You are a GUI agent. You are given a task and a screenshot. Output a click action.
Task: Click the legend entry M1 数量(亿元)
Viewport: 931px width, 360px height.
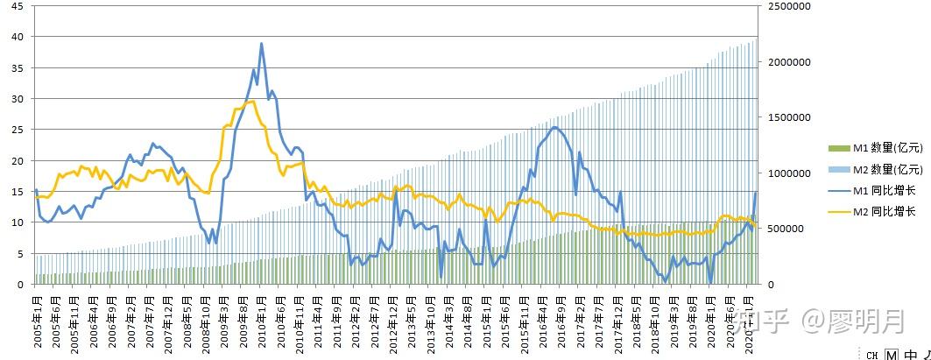[x=868, y=148]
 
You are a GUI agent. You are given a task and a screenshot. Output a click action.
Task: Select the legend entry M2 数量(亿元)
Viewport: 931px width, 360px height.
[x=868, y=169]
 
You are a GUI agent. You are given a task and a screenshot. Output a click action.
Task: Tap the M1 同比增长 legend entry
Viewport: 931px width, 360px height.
[x=868, y=190]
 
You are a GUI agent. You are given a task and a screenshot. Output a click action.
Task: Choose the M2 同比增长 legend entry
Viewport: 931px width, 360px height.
[x=868, y=211]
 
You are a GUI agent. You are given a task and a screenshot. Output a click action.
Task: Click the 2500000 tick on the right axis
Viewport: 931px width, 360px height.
[x=784, y=6]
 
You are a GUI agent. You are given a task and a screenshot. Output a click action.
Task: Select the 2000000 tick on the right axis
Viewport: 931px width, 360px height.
[x=784, y=62]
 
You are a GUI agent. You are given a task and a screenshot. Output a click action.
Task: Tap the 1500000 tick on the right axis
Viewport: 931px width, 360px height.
[x=784, y=117]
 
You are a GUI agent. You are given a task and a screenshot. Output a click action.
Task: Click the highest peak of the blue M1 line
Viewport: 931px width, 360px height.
[x=261, y=44]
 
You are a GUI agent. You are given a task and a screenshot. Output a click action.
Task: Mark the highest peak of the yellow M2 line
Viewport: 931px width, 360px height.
[x=252, y=102]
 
